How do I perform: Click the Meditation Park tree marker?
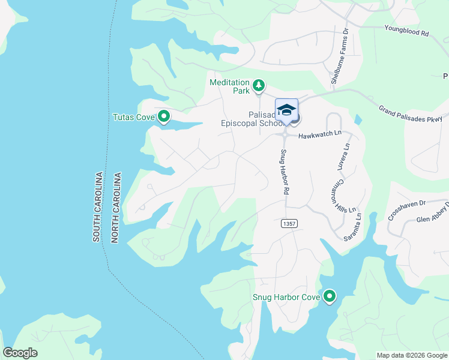click(259, 86)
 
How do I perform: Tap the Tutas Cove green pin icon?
click(163, 117)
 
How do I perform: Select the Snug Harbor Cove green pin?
click(329, 296)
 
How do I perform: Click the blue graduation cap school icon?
click(286, 110)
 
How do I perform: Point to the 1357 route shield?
click(289, 223)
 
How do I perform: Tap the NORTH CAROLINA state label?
click(116, 208)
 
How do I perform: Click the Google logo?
click(20, 353)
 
